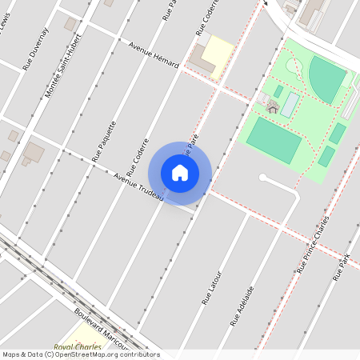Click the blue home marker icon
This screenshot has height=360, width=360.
pos(180,172)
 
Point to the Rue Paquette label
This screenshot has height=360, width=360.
pos(104,141)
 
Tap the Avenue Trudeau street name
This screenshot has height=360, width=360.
pos(138,186)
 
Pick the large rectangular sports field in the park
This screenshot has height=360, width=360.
pos(274,140)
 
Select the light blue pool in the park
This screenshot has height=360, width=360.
pos(290,105)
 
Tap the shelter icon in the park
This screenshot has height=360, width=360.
pos(272,107)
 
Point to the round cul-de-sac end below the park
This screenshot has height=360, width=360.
pos(262,178)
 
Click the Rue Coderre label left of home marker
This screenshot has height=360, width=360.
pos(138,148)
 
